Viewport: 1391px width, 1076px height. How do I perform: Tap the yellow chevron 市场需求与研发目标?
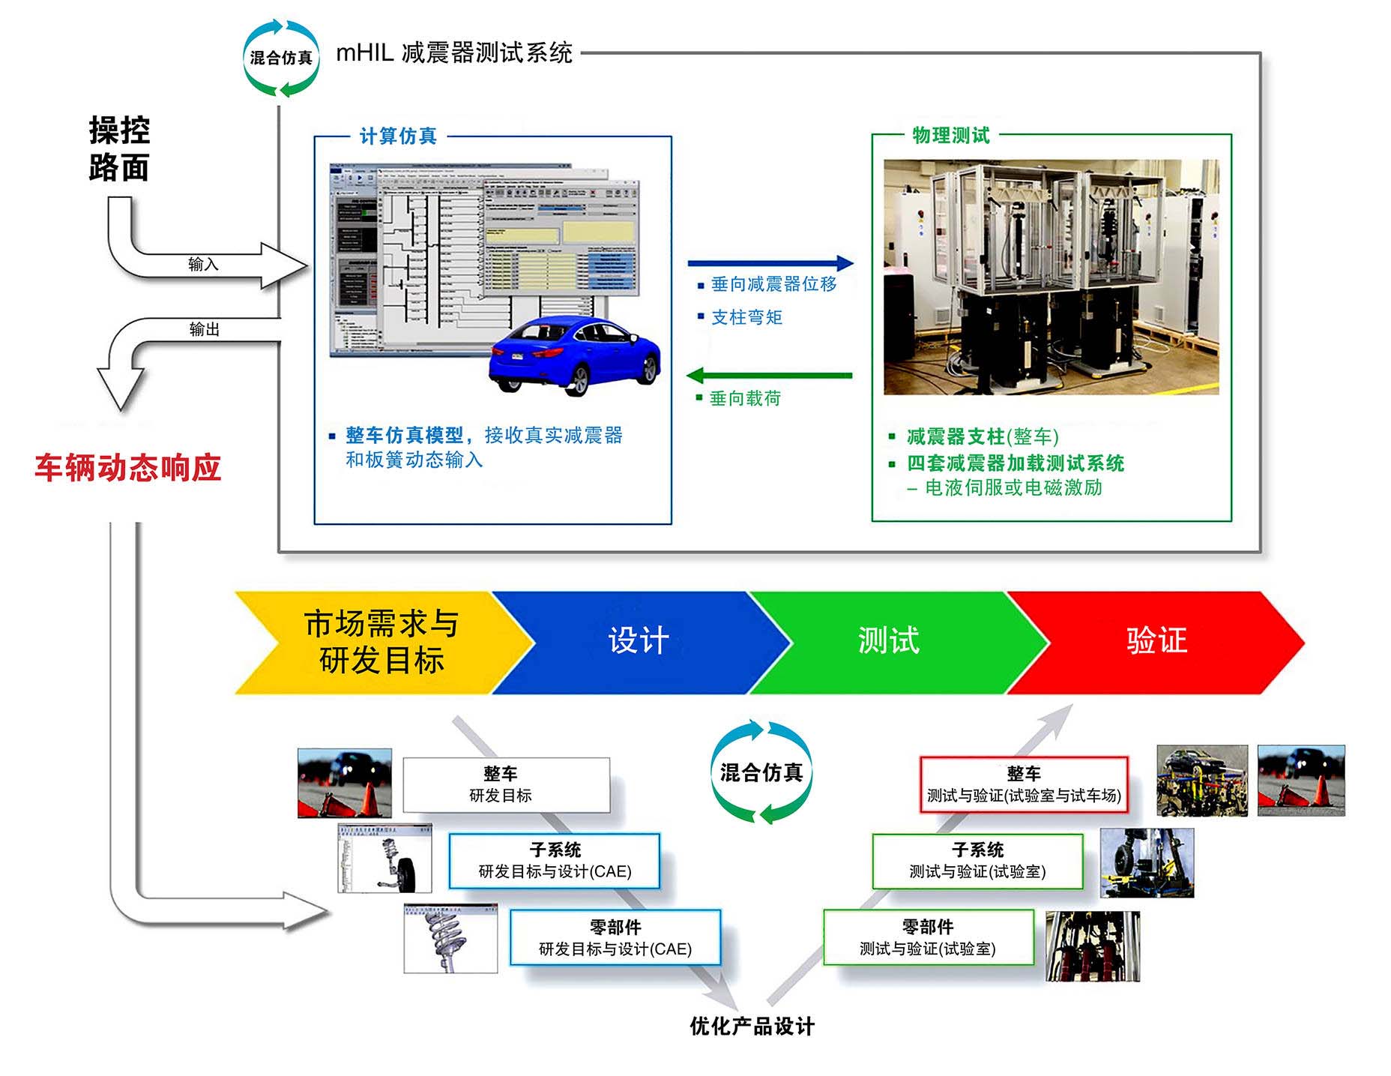[x=381, y=643]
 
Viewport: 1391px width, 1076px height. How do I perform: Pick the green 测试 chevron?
[x=889, y=642]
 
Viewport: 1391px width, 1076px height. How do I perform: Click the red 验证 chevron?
[x=1156, y=642]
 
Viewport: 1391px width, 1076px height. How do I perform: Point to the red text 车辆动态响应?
[x=127, y=468]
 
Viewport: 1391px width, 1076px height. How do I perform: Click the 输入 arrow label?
[x=203, y=264]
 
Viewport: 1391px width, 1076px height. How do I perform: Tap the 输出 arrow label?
[x=204, y=329]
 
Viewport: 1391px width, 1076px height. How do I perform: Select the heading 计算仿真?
[x=398, y=136]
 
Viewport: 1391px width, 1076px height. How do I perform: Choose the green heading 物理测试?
[x=951, y=136]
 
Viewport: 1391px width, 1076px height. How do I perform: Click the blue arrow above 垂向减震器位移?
[x=770, y=263]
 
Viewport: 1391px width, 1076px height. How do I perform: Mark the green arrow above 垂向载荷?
[x=770, y=375]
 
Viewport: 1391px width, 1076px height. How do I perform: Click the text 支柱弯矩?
[x=746, y=318]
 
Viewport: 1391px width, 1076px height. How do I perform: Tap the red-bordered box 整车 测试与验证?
[x=1024, y=784]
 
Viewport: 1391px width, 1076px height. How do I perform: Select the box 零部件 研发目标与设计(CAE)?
[x=615, y=937]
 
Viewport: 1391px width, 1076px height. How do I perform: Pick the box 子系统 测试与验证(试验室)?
[x=977, y=861]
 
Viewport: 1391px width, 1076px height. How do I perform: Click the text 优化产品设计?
[x=752, y=1027]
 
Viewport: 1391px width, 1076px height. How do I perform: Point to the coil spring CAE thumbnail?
[x=450, y=938]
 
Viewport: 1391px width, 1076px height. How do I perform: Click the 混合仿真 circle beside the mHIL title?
[x=281, y=58]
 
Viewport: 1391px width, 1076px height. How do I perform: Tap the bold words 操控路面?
[x=119, y=148]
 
